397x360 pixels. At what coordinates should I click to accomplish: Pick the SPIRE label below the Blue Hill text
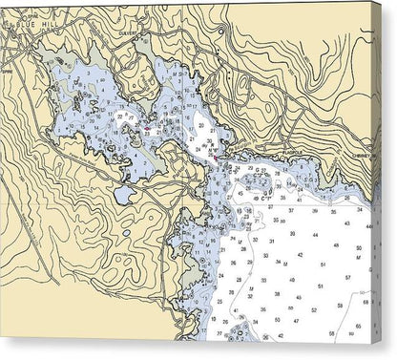click(x=9, y=70)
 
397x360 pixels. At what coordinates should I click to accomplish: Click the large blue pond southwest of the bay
click(x=124, y=195)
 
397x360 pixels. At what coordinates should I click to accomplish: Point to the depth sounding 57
click(x=346, y=277)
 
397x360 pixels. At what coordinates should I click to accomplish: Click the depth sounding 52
click(x=340, y=309)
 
